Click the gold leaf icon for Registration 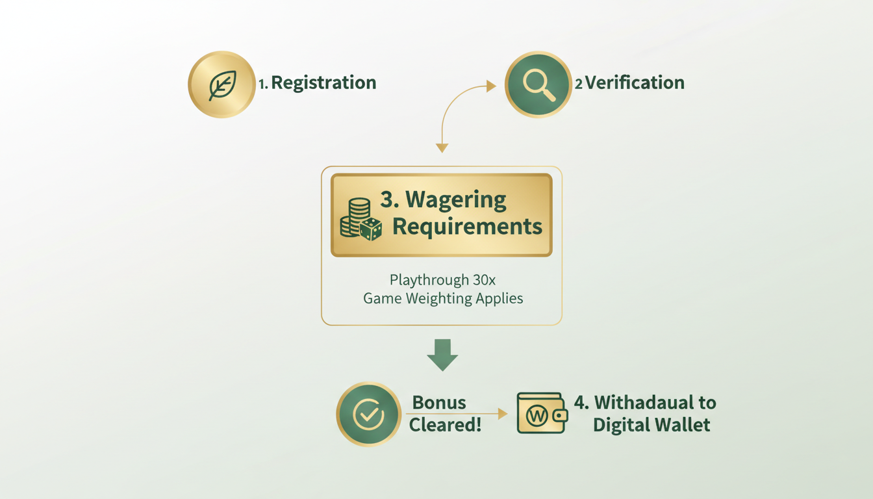(221, 85)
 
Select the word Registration (323, 83)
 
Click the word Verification (635, 83)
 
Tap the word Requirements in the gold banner (467, 227)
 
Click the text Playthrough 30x (442, 280)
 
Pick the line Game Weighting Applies (443, 299)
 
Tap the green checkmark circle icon (368, 414)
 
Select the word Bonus (439, 402)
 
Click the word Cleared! (445, 426)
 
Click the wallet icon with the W (541, 413)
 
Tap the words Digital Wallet (652, 426)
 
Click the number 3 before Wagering (387, 200)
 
